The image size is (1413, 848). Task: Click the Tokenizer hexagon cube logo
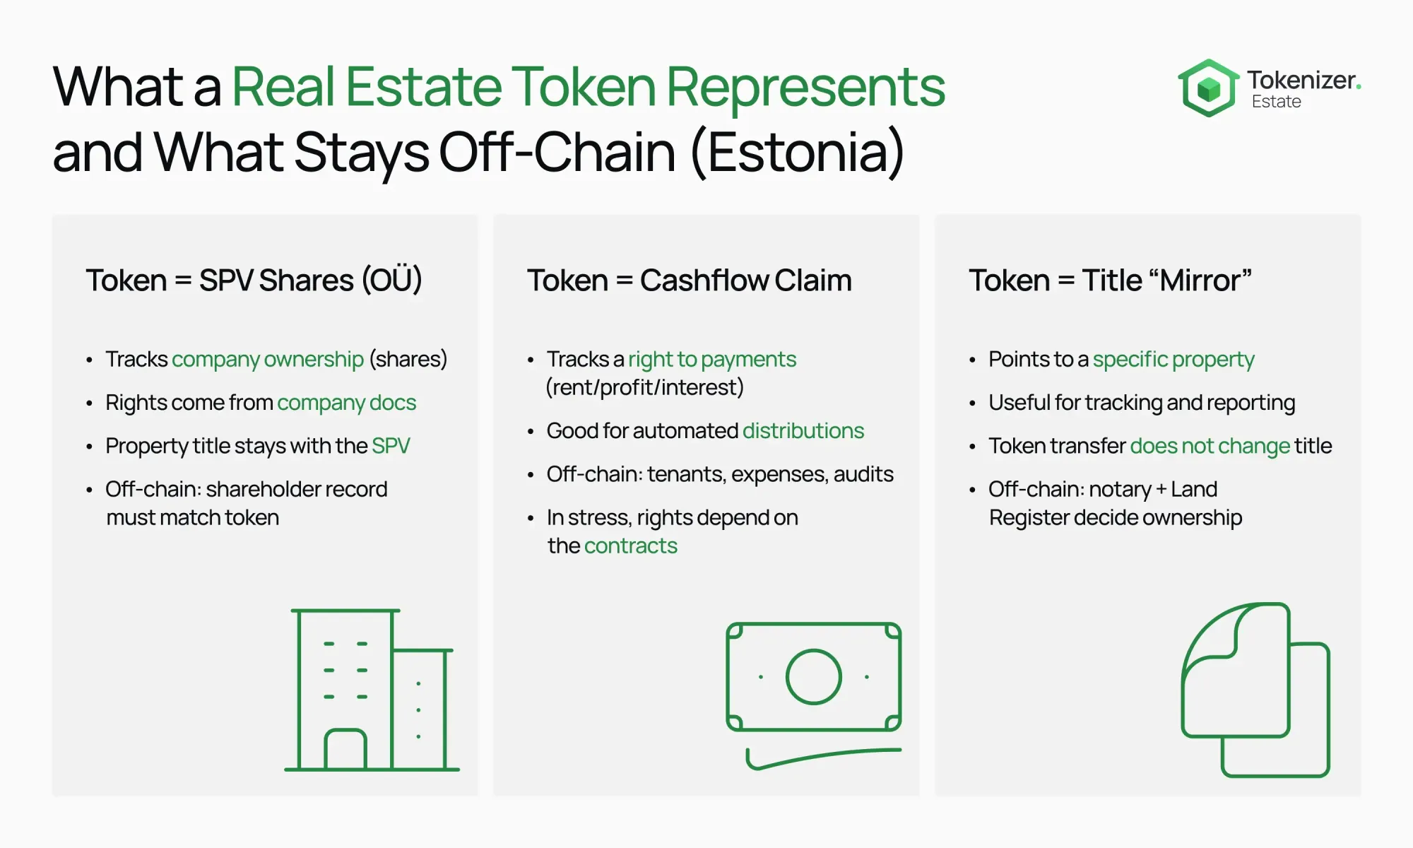pos(1208,88)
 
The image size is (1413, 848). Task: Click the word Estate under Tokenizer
pos(1276,102)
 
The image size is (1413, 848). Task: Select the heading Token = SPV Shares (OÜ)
pos(254,281)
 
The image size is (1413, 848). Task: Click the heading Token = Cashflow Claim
pos(690,281)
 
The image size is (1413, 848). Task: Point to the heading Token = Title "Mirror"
pos(1110,281)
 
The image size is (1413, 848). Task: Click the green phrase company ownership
pos(268,360)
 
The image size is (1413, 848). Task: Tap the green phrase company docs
pos(347,403)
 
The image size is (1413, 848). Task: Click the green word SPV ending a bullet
pos(391,446)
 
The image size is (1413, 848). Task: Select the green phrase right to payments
pos(712,360)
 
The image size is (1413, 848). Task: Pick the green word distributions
pos(803,431)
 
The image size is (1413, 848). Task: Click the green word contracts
pos(631,546)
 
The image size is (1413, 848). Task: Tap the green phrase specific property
pos(1173,360)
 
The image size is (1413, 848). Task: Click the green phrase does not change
pos(1210,446)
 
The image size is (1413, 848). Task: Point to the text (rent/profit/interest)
pos(645,388)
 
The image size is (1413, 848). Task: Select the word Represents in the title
pos(805,88)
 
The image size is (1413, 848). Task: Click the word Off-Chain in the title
pos(557,152)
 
